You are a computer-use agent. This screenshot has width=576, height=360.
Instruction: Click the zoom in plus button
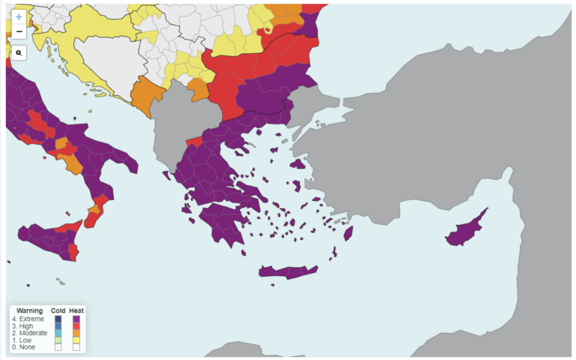19,16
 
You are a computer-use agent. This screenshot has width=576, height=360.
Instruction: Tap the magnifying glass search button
19,53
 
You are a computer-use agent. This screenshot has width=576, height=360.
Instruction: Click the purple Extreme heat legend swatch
76,319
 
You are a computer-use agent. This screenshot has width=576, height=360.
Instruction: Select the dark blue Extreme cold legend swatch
58,319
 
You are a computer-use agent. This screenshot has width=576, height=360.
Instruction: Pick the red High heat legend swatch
76,326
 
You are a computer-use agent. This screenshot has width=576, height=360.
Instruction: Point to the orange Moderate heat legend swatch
76,333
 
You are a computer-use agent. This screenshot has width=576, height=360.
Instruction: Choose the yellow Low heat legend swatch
76,340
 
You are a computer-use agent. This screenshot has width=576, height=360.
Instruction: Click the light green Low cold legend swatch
58,340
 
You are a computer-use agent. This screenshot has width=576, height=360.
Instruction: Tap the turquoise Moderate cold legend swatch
58,333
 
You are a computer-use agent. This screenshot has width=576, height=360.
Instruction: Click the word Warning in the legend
29,310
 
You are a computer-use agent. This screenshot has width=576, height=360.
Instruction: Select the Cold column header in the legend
58,310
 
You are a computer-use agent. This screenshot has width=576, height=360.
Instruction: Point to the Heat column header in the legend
76,310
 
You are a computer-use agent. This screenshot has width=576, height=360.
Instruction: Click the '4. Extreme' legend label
28,319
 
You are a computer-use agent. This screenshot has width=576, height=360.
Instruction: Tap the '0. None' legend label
25,346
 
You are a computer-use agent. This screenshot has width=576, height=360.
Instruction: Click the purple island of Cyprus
464,233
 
